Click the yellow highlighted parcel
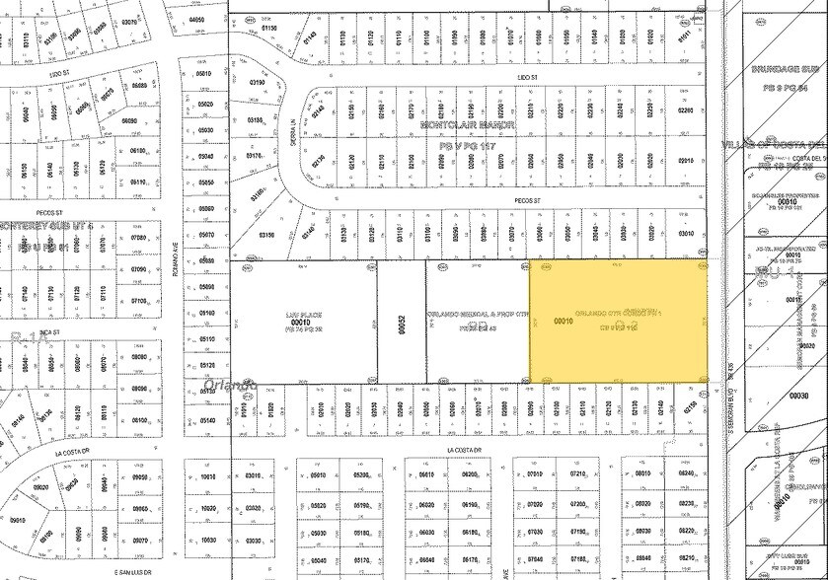pyautogui.click(x=619, y=321)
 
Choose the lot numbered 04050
pyautogui.click(x=197, y=19)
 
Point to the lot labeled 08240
pyautogui.click(x=686, y=473)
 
